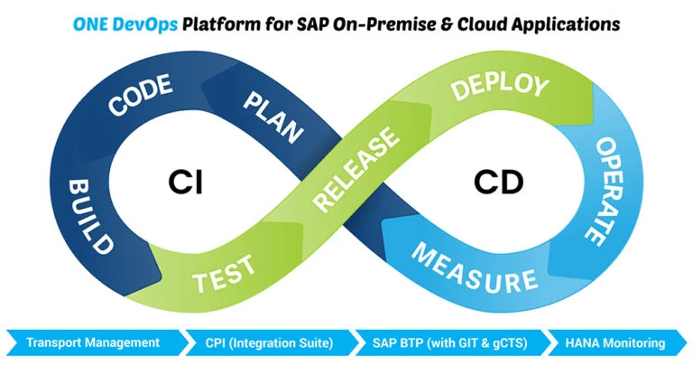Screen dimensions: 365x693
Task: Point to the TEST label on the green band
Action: pos(223,272)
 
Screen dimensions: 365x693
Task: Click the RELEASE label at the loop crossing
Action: pos(356,172)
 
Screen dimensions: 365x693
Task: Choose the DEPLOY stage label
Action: pos(499,89)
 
